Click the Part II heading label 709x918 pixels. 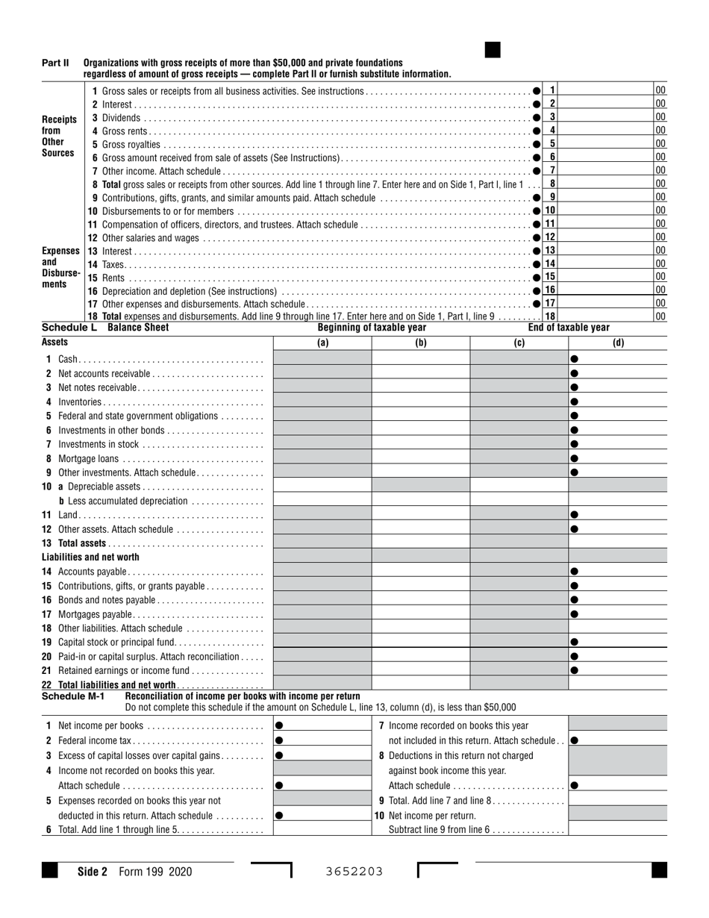pyautogui.click(x=55, y=63)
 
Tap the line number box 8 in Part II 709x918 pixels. pyautogui.click(x=552, y=184)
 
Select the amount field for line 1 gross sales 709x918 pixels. pyautogui.click(x=607, y=90)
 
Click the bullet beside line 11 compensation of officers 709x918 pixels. pyautogui.click(x=537, y=224)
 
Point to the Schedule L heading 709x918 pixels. pyautogui.click(x=69, y=328)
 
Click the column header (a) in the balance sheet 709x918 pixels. pyautogui.click(x=322, y=343)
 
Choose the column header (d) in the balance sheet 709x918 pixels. pyautogui.click(x=618, y=343)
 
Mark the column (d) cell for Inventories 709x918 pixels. pyautogui.click(x=618, y=402)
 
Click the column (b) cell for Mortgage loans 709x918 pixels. pyautogui.click(x=421, y=458)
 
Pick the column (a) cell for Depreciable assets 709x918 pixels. pyautogui.click(x=322, y=487)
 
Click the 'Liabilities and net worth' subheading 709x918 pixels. pyautogui.click(x=90, y=557)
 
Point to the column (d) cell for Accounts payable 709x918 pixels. pyautogui.click(x=618, y=572)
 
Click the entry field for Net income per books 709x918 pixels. pyautogui.click(x=322, y=725)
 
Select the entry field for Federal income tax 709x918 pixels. pyautogui.click(x=322, y=740)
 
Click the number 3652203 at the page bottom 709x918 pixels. pyautogui.click(x=354, y=871)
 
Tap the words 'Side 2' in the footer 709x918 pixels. pyautogui.click(x=93, y=871)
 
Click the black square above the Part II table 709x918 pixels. pyautogui.click(x=493, y=50)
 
